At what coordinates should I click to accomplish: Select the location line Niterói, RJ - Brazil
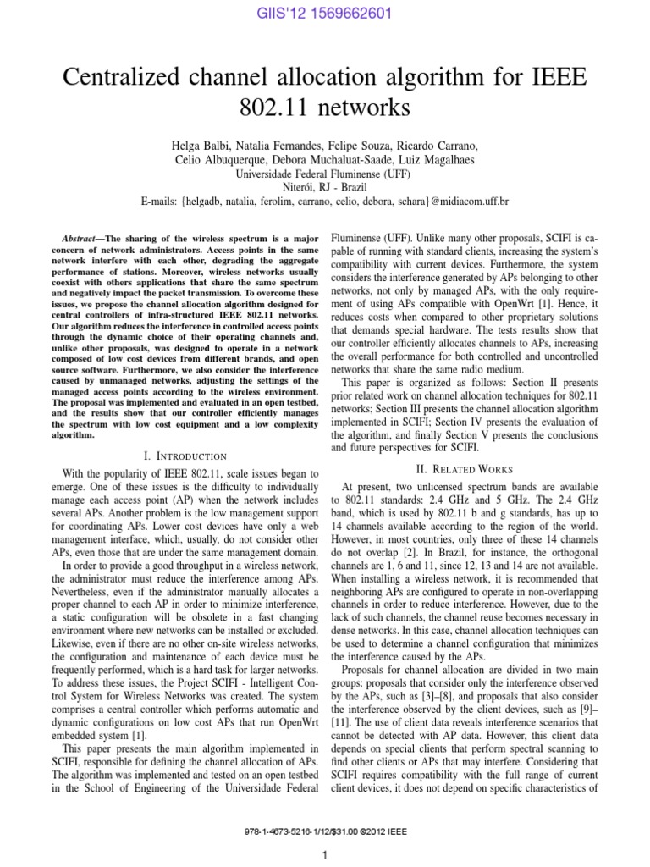[x=324, y=187]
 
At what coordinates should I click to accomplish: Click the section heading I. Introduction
[x=185, y=456]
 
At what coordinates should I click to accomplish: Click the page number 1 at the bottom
[x=324, y=855]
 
